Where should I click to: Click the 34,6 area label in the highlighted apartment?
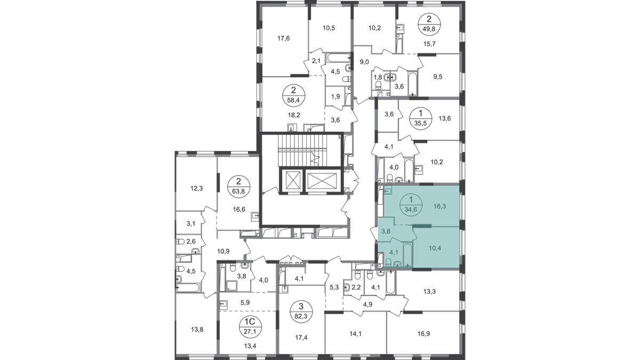click(x=411, y=209)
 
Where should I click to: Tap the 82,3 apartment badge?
click(x=301, y=313)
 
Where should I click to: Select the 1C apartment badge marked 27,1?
click(x=250, y=327)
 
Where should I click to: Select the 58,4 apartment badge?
click(x=294, y=95)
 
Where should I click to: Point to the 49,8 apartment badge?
click(x=429, y=24)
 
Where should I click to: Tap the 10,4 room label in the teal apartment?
click(x=435, y=249)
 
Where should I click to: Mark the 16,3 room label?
click(x=439, y=206)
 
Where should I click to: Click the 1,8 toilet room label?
click(x=378, y=77)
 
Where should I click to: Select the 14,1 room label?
click(x=355, y=333)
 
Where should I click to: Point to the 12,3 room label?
click(x=197, y=188)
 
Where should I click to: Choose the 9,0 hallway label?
click(x=364, y=62)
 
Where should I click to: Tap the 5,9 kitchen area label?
click(x=245, y=302)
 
